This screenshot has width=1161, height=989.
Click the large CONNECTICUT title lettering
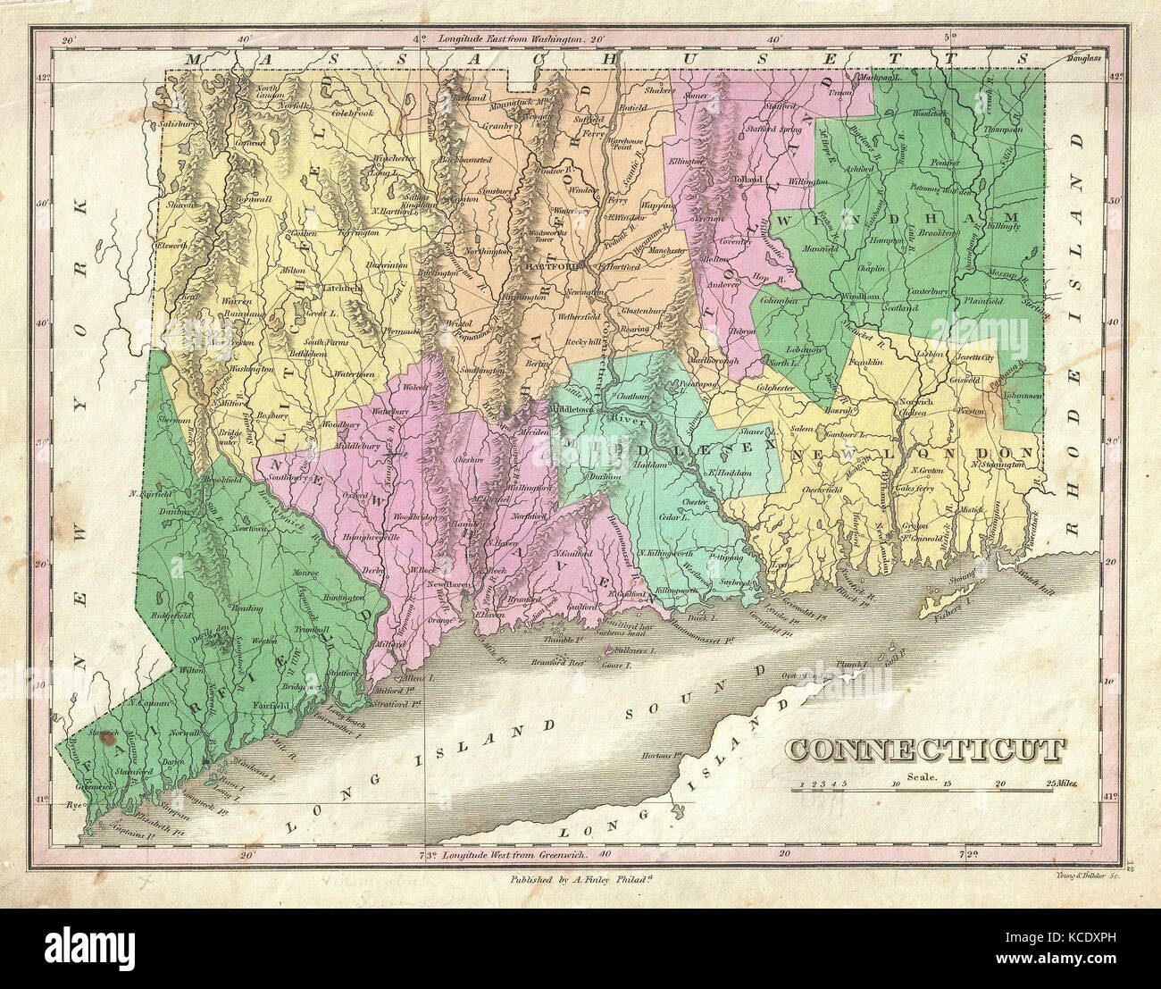[926, 750]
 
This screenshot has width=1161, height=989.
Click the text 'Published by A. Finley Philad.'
[581, 879]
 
